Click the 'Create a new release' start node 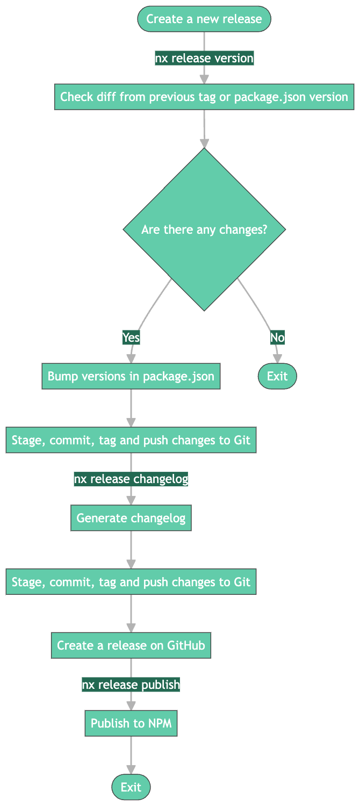pos(204,19)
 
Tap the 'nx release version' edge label pos(204,58)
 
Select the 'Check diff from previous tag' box pos(204,97)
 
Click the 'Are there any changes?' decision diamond pos(204,230)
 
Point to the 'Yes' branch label pos(131,337)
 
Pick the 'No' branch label pos(277,337)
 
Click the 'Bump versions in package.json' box pos(131,376)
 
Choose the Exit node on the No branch pos(277,376)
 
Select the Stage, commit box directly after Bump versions pos(131,441)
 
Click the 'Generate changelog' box pos(131,518)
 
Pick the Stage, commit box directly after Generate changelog pos(131,582)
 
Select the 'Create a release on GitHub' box pos(131,645)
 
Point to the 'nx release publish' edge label pos(131,684)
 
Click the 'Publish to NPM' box pos(131,723)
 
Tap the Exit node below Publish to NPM pos(131,787)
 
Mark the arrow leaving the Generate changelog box pos(131,549)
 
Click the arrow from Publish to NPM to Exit pos(131,754)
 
